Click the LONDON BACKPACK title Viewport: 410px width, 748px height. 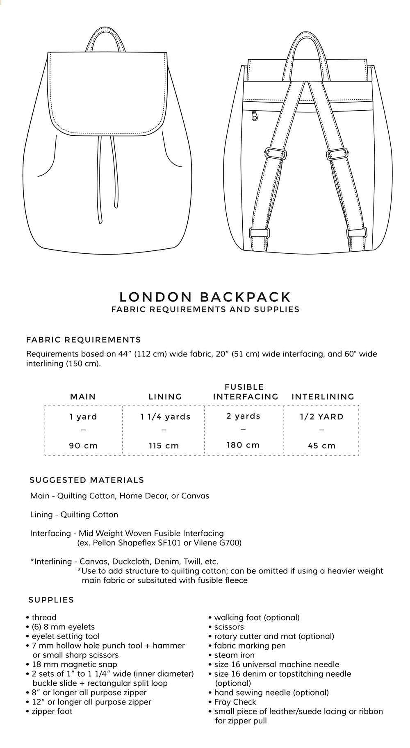point(205,296)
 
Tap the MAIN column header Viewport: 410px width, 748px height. point(83,397)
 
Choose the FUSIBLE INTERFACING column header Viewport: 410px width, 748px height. point(245,392)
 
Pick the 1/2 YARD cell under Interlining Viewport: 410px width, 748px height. point(321,417)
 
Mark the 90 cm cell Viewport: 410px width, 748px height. point(83,446)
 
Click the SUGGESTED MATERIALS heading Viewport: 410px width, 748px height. point(87,480)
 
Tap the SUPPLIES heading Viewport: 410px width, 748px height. point(51,600)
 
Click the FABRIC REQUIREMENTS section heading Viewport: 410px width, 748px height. point(84,340)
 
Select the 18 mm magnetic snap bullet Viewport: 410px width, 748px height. point(74,664)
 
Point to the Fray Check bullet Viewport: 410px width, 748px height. point(235,702)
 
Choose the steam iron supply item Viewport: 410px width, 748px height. point(234,655)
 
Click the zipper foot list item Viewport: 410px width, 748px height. point(52,711)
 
